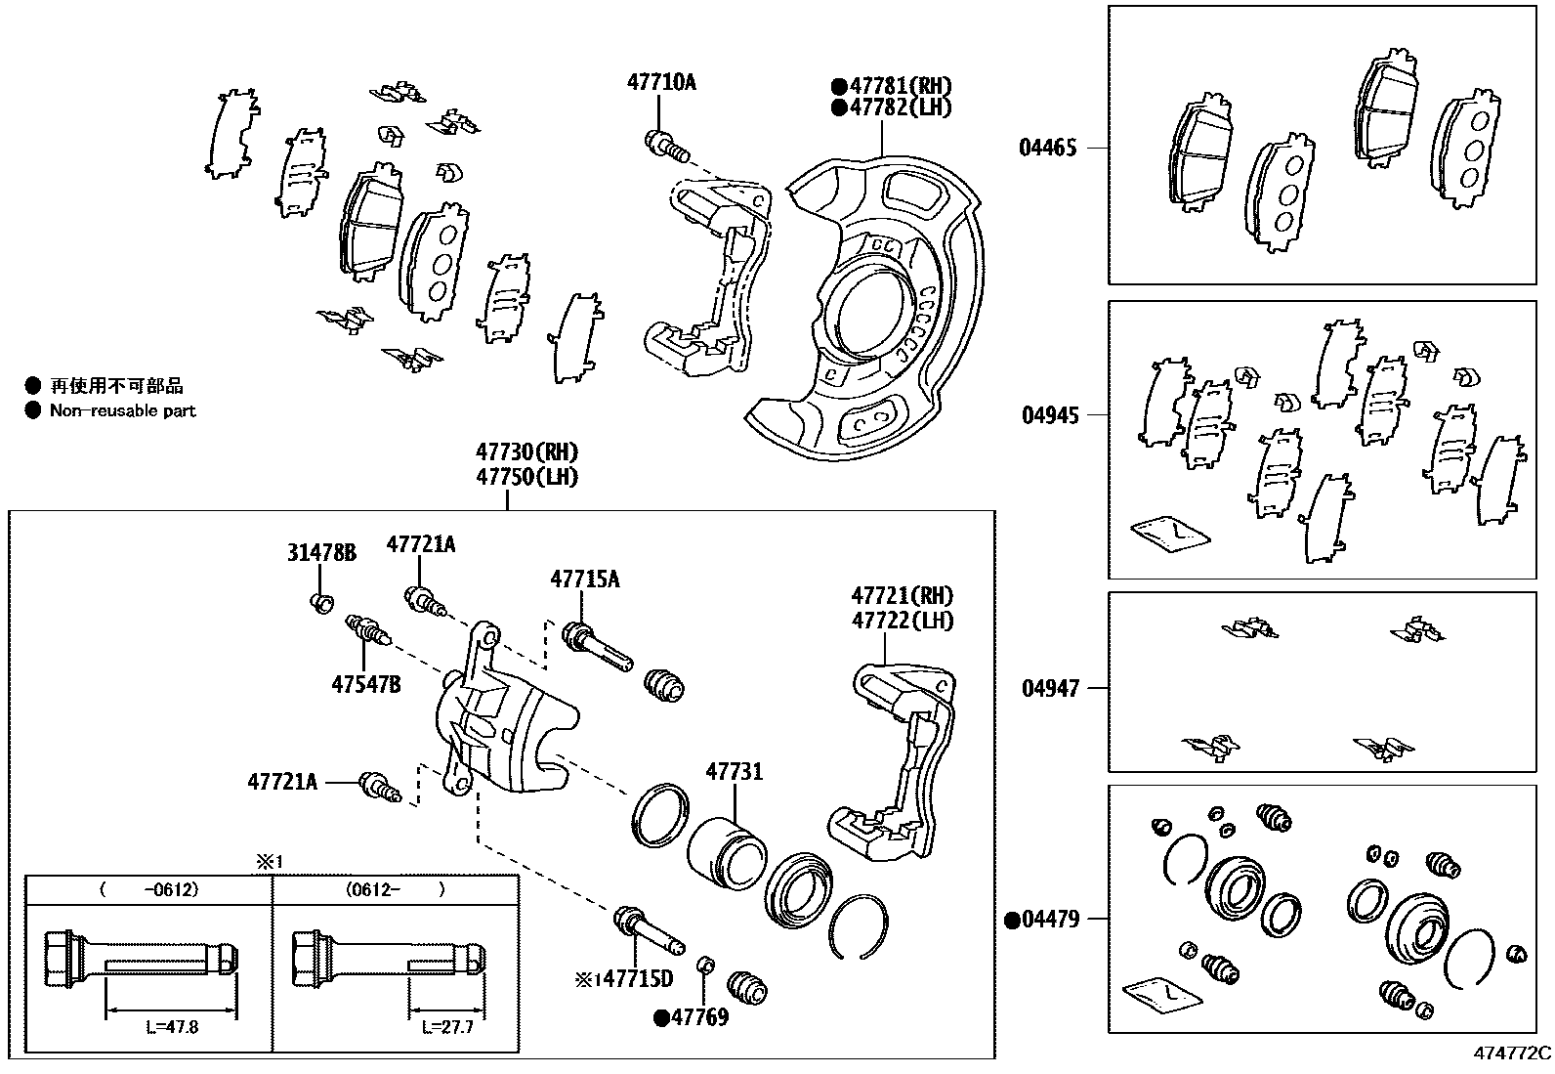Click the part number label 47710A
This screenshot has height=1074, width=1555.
click(661, 83)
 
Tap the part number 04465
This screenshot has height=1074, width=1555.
click(1047, 149)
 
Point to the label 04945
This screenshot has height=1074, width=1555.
click(1050, 415)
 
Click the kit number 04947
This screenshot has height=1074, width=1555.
click(1050, 689)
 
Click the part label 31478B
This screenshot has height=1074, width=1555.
click(321, 553)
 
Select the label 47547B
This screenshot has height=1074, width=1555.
click(365, 684)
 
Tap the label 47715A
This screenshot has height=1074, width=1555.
click(584, 580)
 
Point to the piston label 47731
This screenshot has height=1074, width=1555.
click(734, 772)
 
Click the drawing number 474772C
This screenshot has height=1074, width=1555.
click(1512, 1053)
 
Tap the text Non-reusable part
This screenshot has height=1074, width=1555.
click(122, 411)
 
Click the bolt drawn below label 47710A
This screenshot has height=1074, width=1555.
click(668, 147)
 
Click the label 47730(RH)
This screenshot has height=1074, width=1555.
click(527, 452)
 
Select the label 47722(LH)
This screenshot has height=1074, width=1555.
click(902, 621)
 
